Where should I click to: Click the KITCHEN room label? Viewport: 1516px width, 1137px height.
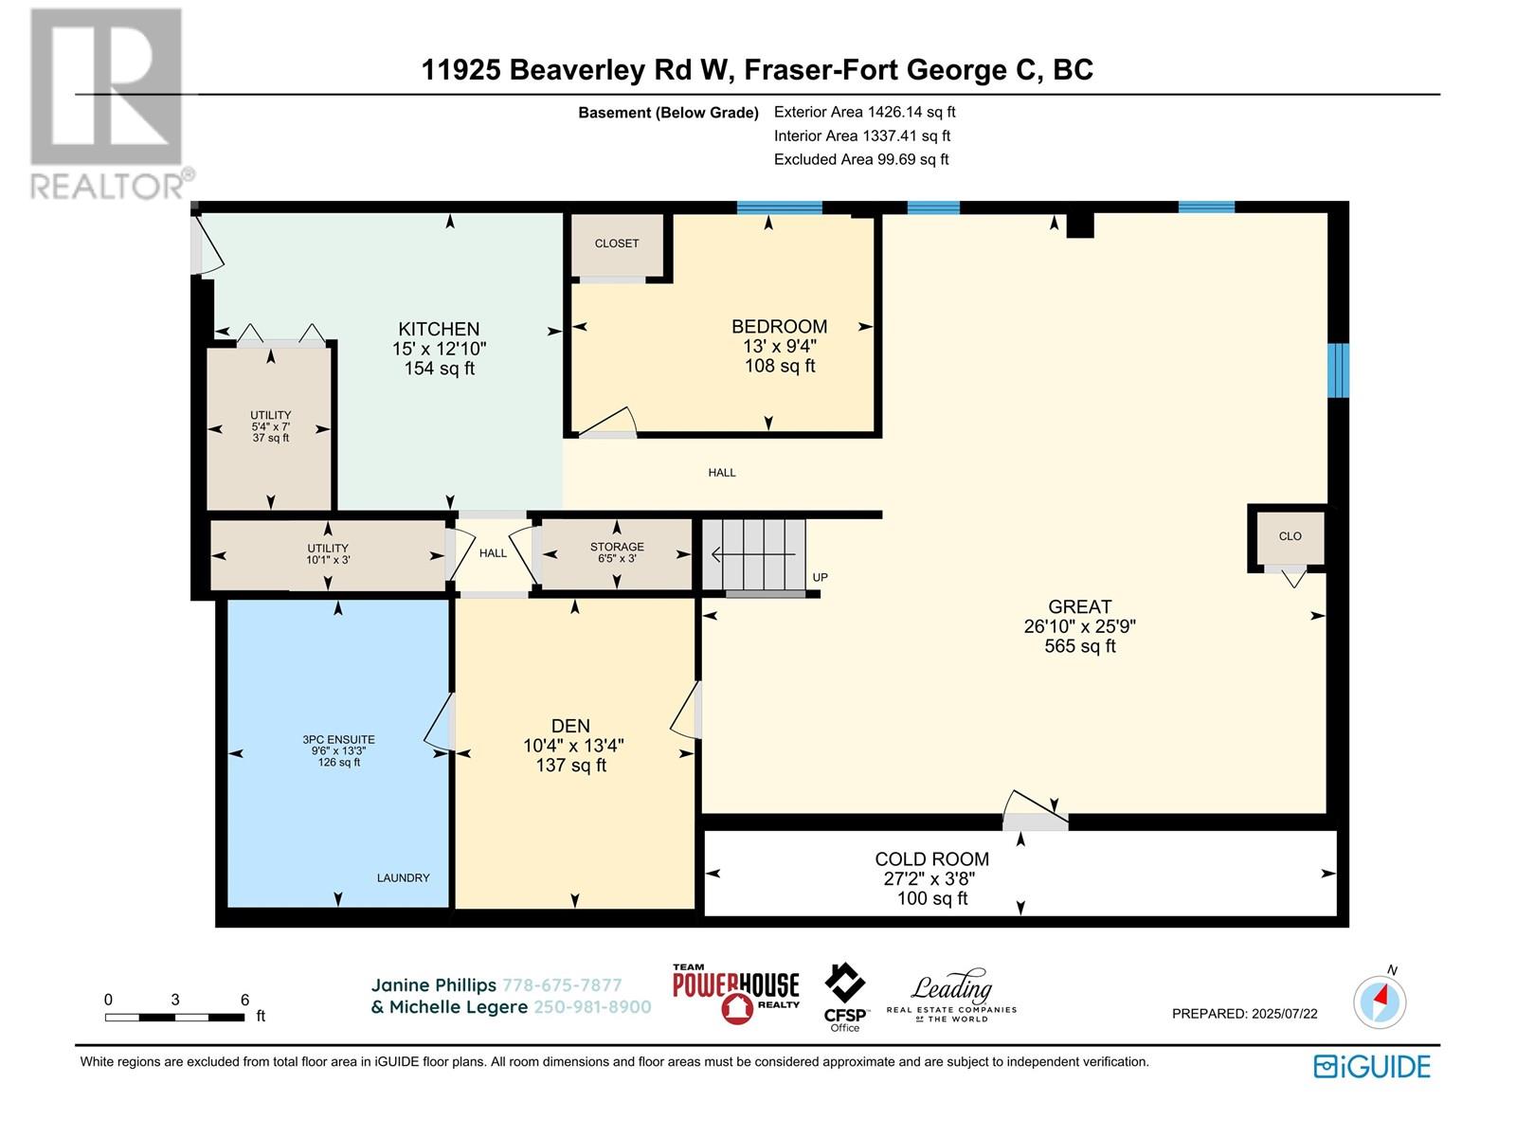tap(439, 329)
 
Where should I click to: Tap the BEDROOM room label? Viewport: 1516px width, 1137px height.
tap(779, 326)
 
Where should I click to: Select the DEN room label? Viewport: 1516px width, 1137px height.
tap(570, 726)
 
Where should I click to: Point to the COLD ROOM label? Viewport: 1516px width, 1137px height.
tap(931, 858)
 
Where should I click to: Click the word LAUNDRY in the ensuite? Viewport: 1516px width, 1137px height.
tap(404, 877)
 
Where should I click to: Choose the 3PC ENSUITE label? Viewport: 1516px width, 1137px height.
tap(338, 739)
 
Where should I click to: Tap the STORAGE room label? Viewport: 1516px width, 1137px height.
tap(617, 547)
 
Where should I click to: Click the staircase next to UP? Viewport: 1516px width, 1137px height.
tap(753, 554)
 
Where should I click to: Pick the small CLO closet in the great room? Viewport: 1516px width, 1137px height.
tap(1290, 536)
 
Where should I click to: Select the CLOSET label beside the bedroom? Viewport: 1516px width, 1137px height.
tap(617, 243)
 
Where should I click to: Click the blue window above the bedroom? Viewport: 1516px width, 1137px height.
tap(779, 208)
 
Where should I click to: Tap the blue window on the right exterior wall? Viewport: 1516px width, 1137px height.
tap(1338, 370)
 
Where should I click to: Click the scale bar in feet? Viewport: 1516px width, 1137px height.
tap(174, 1017)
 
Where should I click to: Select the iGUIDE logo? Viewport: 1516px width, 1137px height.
tap(1372, 1067)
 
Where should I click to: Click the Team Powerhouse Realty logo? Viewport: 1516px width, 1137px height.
tap(736, 993)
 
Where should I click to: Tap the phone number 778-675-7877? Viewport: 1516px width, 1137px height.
tap(562, 985)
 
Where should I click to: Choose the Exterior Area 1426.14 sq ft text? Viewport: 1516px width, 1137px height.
tap(865, 112)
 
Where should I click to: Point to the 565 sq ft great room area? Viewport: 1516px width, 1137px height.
tap(1080, 646)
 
